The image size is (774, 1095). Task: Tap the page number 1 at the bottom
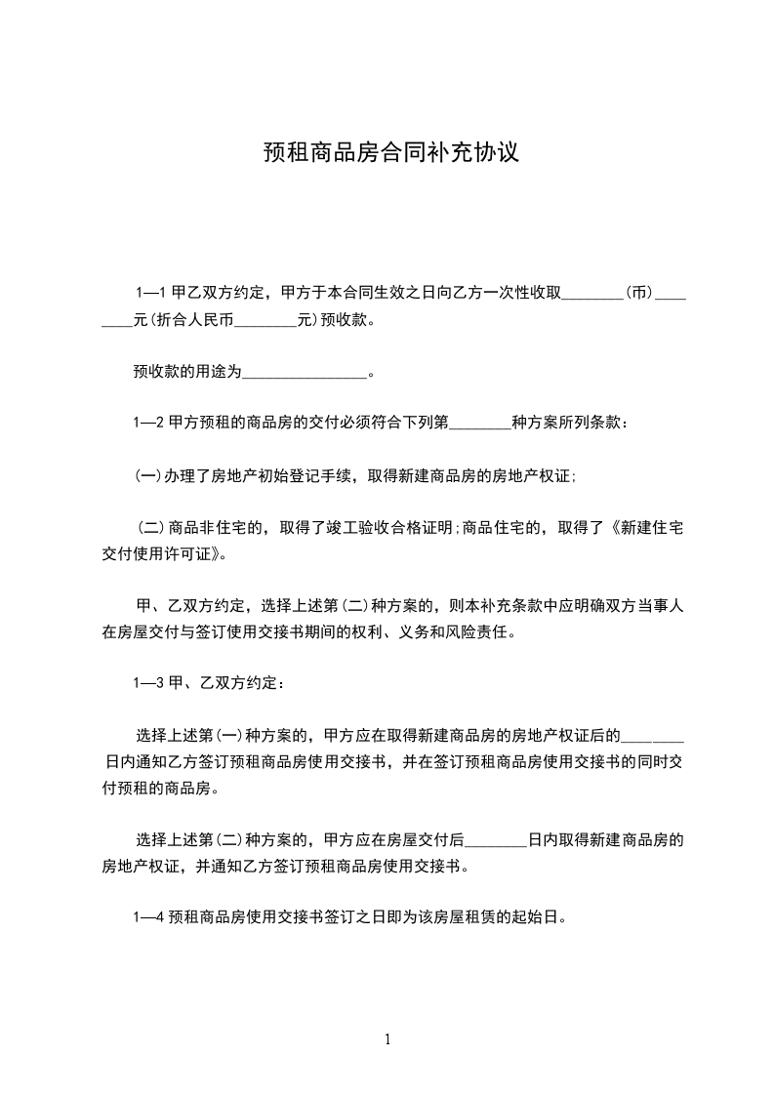pyautogui.click(x=388, y=1039)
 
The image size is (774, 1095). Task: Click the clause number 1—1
pyautogui.click(x=151, y=292)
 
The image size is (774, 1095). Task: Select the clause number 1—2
pyautogui.click(x=147, y=424)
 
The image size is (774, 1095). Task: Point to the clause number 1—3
pyautogui.click(x=147, y=683)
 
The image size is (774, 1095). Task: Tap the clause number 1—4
pyautogui.click(x=147, y=917)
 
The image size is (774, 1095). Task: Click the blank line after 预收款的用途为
pyautogui.click(x=304, y=373)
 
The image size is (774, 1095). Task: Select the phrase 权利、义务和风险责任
pyautogui.click(x=429, y=630)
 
